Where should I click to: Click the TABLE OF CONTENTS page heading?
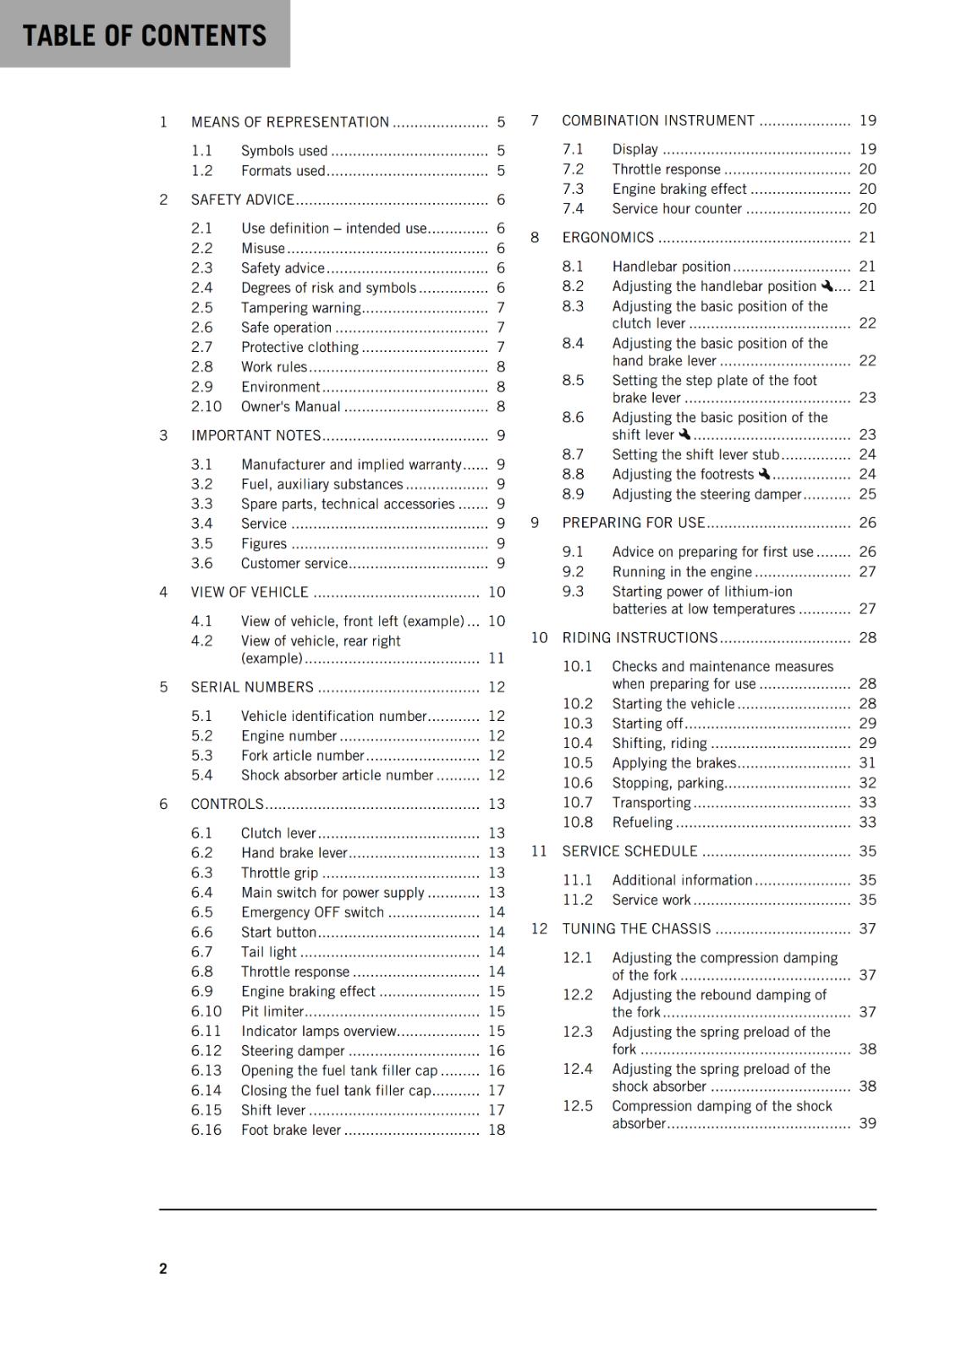click(x=144, y=36)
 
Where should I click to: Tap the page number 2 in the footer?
click(x=163, y=1268)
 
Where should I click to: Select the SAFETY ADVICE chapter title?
click(x=242, y=200)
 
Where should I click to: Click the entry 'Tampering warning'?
click(x=301, y=307)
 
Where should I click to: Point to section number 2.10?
click(x=206, y=406)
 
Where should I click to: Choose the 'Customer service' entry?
click(x=294, y=564)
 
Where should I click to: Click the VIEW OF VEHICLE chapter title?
click(x=250, y=592)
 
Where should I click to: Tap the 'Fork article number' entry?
click(x=302, y=756)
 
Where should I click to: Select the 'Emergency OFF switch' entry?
click(x=312, y=912)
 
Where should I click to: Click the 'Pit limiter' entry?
click(x=272, y=1011)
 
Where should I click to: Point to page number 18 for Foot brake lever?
click(x=497, y=1130)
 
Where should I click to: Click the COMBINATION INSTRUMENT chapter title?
click(x=658, y=121)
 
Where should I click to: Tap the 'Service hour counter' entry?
click(x=677, y=209)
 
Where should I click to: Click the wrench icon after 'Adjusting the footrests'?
click(x=764, y=474)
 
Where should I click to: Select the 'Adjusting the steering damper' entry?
click(x=706, y=494)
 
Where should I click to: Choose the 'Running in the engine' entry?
click(x=682, y=572)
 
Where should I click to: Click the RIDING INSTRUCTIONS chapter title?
click(x=640, y=638)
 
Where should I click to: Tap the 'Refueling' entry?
click(x=642, y=823)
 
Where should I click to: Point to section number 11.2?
click(x=578, y=900)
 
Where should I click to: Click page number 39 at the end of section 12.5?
click(x=868, y=1123)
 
